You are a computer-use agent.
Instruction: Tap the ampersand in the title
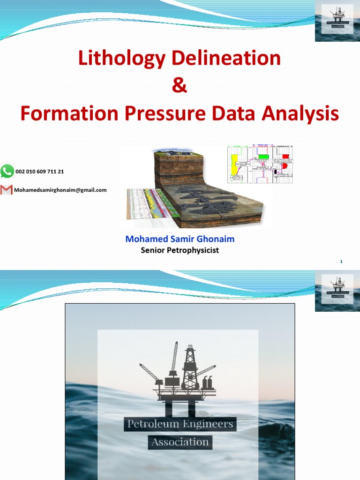click(180, 86)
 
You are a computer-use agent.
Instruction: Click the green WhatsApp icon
click(7, 172)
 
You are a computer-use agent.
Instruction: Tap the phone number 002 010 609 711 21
click(40, 172)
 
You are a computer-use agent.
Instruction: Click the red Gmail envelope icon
click(6, 190)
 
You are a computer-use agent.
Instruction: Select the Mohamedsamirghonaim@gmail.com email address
click(60, 190)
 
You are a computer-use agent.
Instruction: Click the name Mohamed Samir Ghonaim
click(180, 239)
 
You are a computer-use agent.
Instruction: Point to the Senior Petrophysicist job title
click(180, 250)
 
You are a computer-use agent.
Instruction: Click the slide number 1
click(342, 262)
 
